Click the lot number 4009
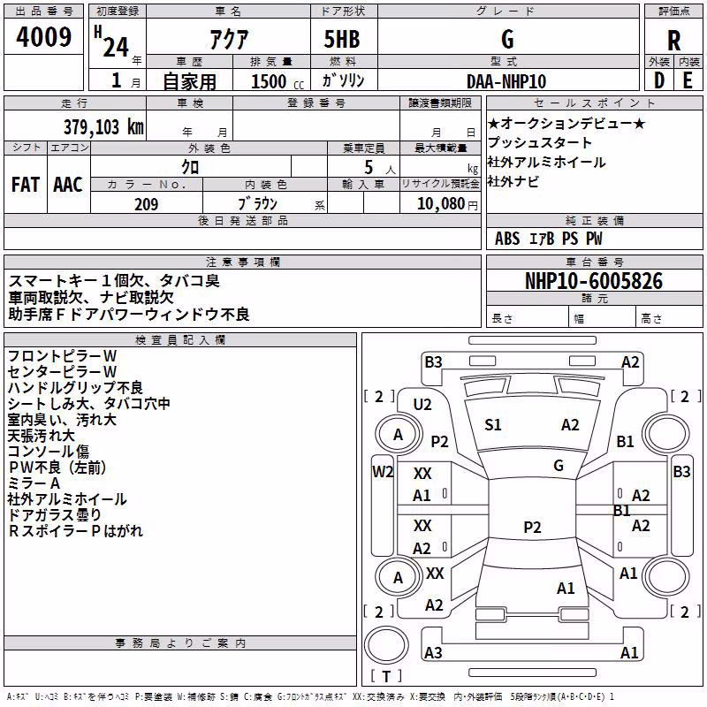[x=43, y=37]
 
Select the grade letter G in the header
[x=507, y=39]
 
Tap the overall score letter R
[x=673, y=41]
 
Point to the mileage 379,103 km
[x=103, y=127]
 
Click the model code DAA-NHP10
[x=506, y=81]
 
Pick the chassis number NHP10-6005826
[x=594, y=281]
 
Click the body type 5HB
[x=342, y=39]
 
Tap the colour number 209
[x=146, y=204]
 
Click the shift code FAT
[x=26, y=185]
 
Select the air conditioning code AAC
[x=68, y=185]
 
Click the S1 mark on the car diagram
[x=493, y=425]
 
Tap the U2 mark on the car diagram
[x=422, y=405]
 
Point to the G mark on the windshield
[x=559, y=465]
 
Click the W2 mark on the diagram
[x=383, y=472]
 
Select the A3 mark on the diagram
[x=433, y=652]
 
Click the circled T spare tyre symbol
[x=386, y=645]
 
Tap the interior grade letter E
[x=688, y=81]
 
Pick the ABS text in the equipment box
[x=507, y=239]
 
